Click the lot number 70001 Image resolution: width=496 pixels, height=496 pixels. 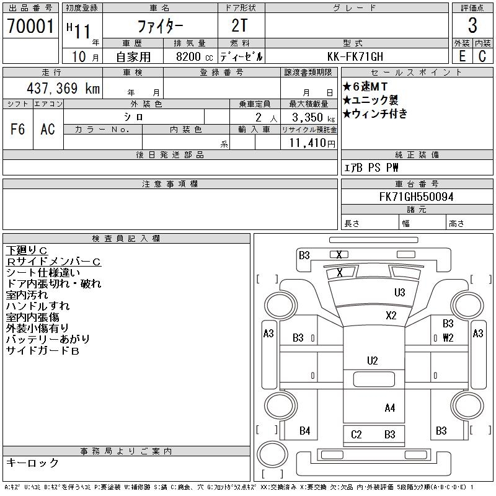coord(30,27)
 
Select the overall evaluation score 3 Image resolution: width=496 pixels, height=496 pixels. coord(472,26)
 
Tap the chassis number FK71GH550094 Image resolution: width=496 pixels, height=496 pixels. coord(417,197)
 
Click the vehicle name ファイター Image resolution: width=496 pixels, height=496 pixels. coord(160,27)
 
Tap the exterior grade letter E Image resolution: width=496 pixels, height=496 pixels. coord(462,56)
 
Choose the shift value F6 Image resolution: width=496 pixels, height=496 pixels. coord(17,129)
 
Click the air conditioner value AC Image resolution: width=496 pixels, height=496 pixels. coord(48,129)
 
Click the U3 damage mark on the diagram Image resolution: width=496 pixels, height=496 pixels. coord(399,293)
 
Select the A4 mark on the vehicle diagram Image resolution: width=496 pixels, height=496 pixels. coord(390,407)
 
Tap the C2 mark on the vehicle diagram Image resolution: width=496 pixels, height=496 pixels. coord(356,435)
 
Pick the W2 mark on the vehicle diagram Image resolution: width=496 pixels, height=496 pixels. coord(448,338)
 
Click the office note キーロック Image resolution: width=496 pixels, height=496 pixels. coord(32,463)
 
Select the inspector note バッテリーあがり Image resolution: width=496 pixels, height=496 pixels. coord(48,339)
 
